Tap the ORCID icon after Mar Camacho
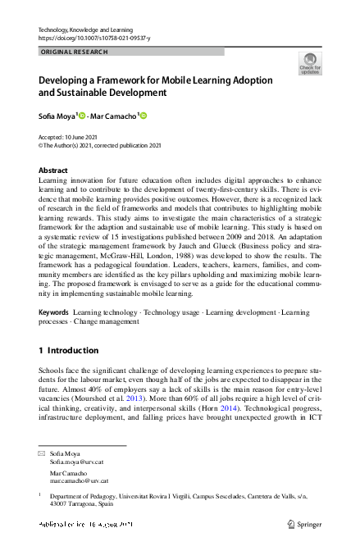click(143, 116)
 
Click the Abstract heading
click(53, 171)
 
